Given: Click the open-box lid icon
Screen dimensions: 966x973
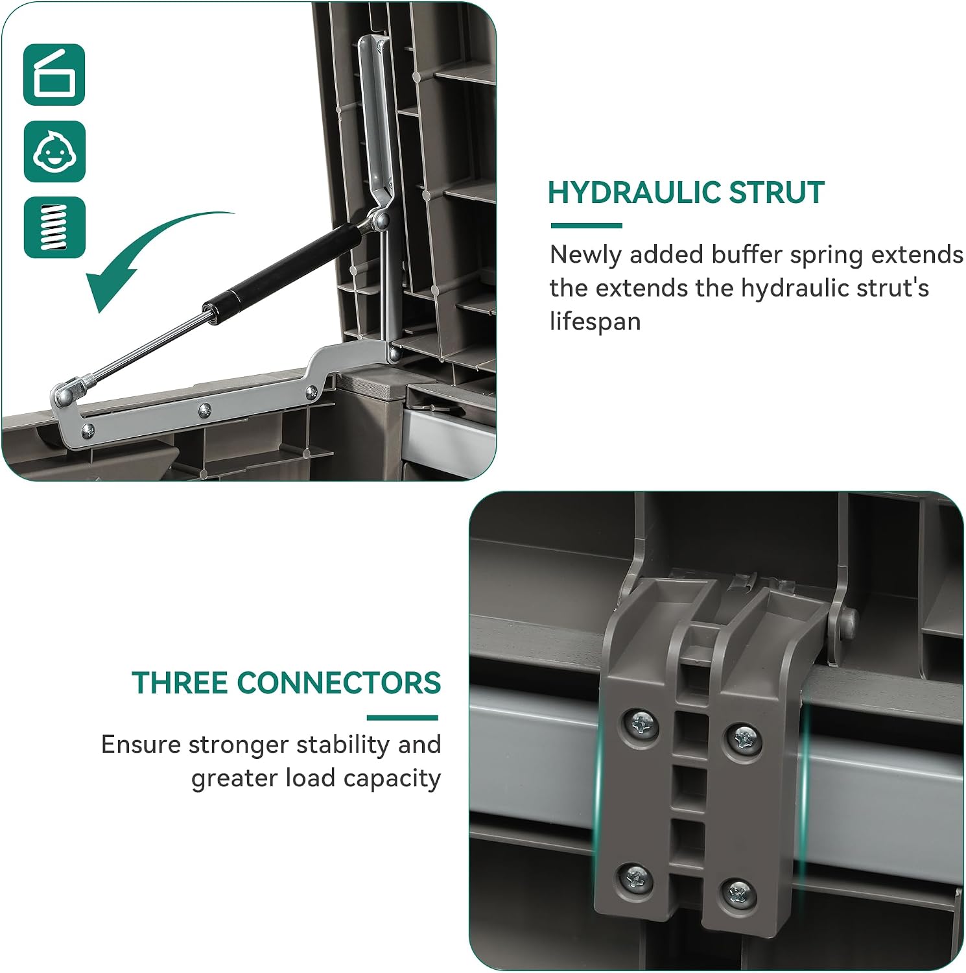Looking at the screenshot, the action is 54,75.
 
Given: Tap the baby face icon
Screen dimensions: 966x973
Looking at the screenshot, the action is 54,151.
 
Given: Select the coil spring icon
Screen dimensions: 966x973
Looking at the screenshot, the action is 54,228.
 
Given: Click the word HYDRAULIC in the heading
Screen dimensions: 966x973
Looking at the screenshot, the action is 633,193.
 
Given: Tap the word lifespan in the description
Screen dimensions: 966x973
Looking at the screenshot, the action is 595,322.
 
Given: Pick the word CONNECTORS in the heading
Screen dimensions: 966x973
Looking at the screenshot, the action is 339,683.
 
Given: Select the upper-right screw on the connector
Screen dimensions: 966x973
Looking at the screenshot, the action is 742,739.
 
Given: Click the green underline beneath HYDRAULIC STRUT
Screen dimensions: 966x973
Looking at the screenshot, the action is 586,226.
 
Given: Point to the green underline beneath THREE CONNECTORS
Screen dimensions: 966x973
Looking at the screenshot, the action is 403,717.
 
